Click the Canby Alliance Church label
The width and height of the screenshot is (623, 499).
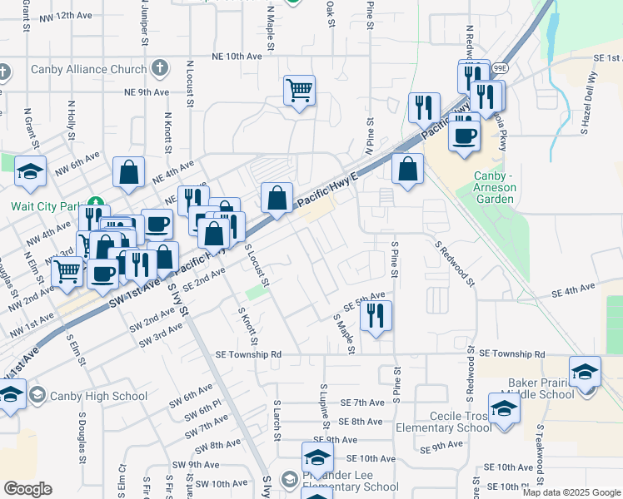[x=89, y=69]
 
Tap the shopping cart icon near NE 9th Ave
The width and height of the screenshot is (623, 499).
[x=299, y=90]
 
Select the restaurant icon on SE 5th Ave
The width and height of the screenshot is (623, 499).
[x=376, y=315]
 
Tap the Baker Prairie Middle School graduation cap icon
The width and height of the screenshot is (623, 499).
[x=585, y=371]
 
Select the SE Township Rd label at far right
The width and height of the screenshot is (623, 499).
[x=510, y=353]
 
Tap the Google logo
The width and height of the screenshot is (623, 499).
[x=27, y=489]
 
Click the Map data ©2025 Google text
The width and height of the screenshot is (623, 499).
[x=571, y=492]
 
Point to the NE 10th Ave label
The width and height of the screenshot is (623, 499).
[x=237, y=56]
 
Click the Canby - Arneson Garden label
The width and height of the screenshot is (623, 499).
[x=495, y=182]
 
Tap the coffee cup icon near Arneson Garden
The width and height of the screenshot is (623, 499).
[x=464, y=133]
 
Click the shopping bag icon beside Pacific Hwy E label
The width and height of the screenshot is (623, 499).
[x=277, y=199]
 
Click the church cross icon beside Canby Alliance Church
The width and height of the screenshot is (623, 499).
[x=160, y=69]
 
